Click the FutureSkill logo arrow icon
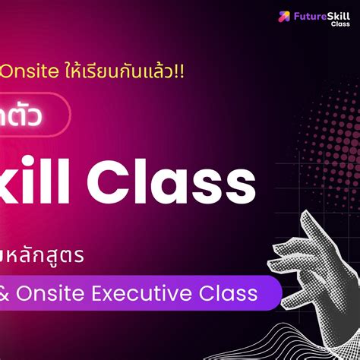tap(284, 15)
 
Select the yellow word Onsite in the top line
tap(24, 71)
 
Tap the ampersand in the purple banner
tap(8, 292)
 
